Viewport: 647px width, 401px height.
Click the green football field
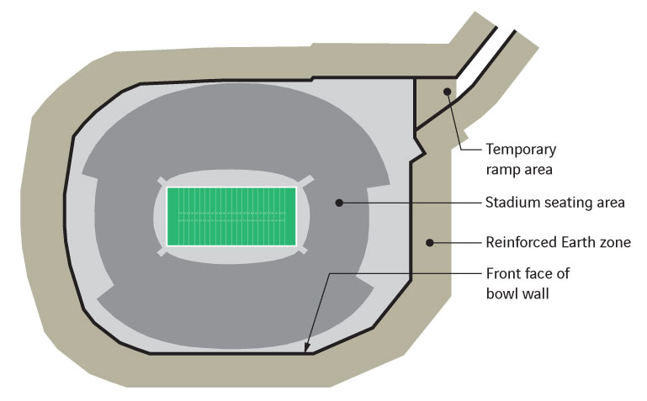pos(231,216)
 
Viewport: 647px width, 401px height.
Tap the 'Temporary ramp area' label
pos(521,158)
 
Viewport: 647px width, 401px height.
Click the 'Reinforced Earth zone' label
pos(558,243)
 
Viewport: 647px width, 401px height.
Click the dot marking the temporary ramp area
pos(448,92)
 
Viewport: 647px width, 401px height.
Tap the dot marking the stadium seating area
pos(339,203)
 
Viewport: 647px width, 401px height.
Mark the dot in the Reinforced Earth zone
pos(429,243)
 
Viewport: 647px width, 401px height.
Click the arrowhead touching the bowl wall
pos(308,349)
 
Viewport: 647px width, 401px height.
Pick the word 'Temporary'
pos(521,149)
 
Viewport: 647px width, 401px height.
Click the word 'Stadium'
pos(509,203)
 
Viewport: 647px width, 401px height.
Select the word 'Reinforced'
pos(520,243)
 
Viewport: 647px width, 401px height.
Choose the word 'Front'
pos(503,273)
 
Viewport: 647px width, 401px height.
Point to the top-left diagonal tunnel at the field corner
pos(162,182)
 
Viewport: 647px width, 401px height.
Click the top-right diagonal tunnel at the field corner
pos(307,181)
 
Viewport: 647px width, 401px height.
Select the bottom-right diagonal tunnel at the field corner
pos(304,251)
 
